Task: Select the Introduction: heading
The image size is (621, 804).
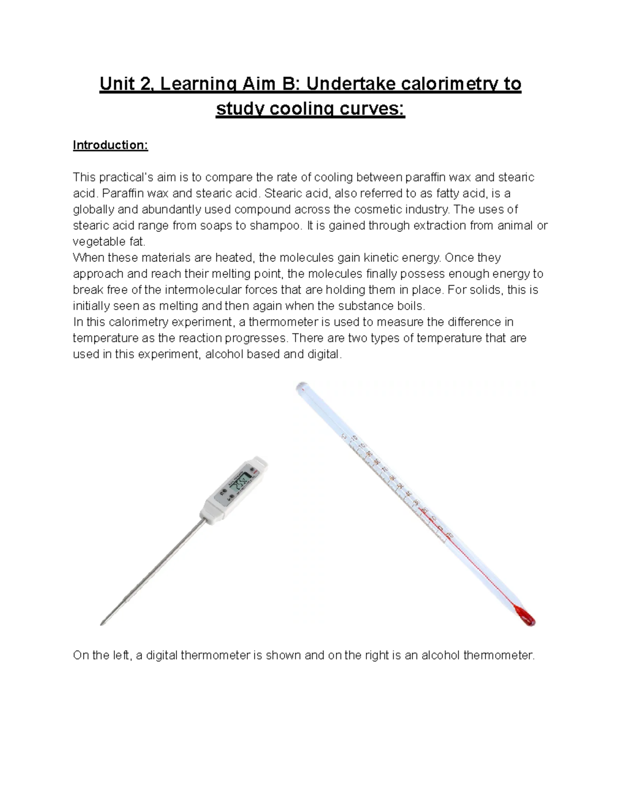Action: tap(110, 145)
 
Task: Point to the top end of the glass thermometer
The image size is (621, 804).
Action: tap(301, 387)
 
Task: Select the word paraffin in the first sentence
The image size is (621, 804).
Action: tap(426, 178)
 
